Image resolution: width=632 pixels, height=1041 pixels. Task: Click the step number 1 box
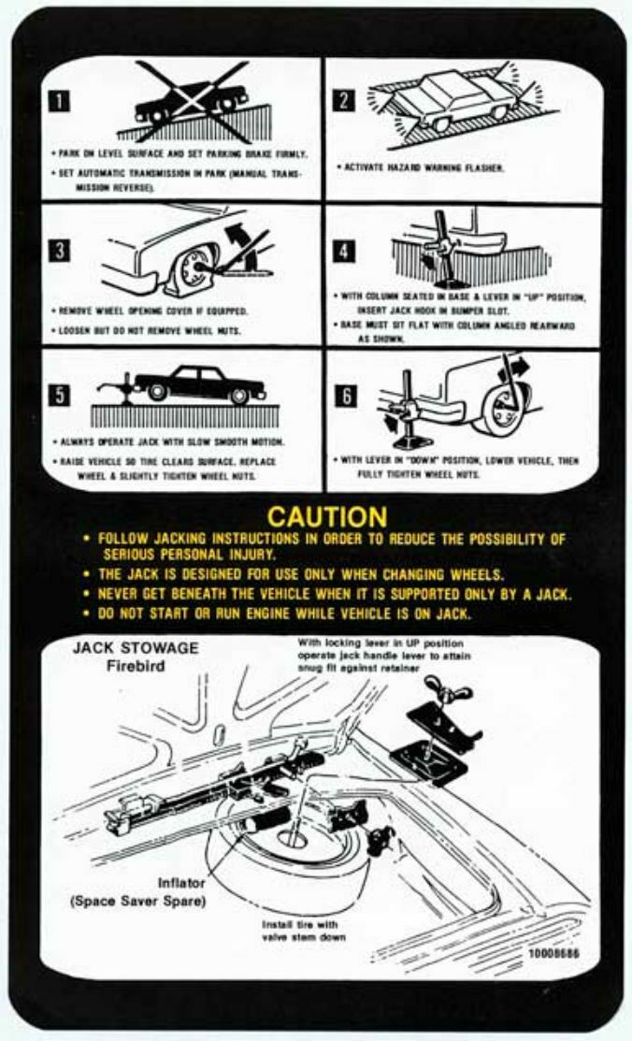(61, 102)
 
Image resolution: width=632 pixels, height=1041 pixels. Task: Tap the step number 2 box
(345, 100)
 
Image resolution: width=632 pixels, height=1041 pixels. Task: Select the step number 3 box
(61, 250)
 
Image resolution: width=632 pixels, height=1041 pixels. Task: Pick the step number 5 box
(61, 395)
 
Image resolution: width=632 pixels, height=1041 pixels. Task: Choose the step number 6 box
(345, 395)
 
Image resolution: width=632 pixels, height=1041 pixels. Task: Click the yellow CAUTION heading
(326, 516)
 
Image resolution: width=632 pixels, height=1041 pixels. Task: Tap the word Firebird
(136, 667)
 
